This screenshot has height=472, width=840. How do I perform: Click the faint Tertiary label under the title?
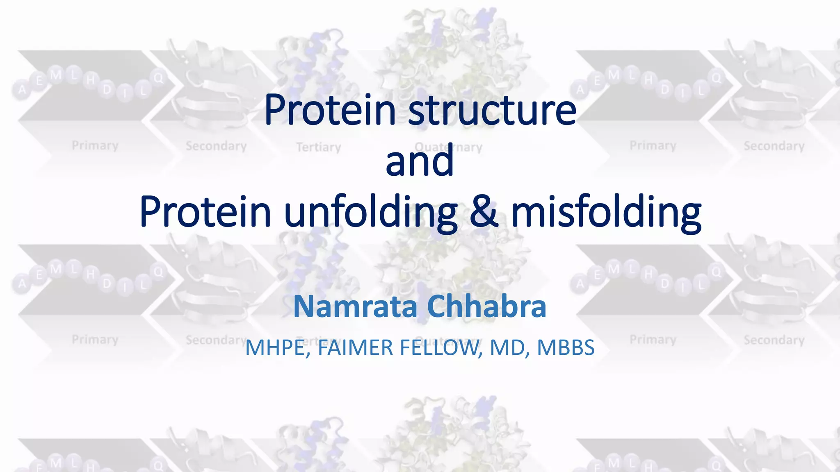click(x=319, y=147)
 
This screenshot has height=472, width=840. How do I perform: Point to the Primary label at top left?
click(x=95, y=145)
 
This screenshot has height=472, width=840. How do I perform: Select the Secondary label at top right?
click(x=774, y=146)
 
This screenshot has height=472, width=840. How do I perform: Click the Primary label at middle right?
click(x=653, y=340)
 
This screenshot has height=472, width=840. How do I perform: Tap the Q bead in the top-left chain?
click(x=158, y=78)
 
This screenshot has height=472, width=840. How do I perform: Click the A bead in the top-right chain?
click(x=580, y=90)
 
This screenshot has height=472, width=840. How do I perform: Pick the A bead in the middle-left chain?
click(x=22, y=284)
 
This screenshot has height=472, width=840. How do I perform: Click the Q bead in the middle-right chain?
click(x=716, y=272)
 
